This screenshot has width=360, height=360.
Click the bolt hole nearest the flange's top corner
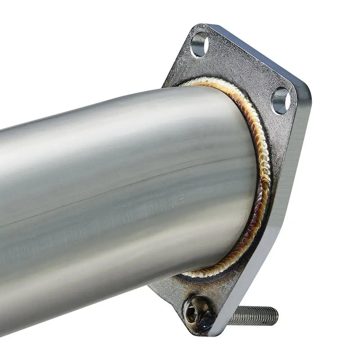point(199,44)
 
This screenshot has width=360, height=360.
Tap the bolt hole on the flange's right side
point(281,100)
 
